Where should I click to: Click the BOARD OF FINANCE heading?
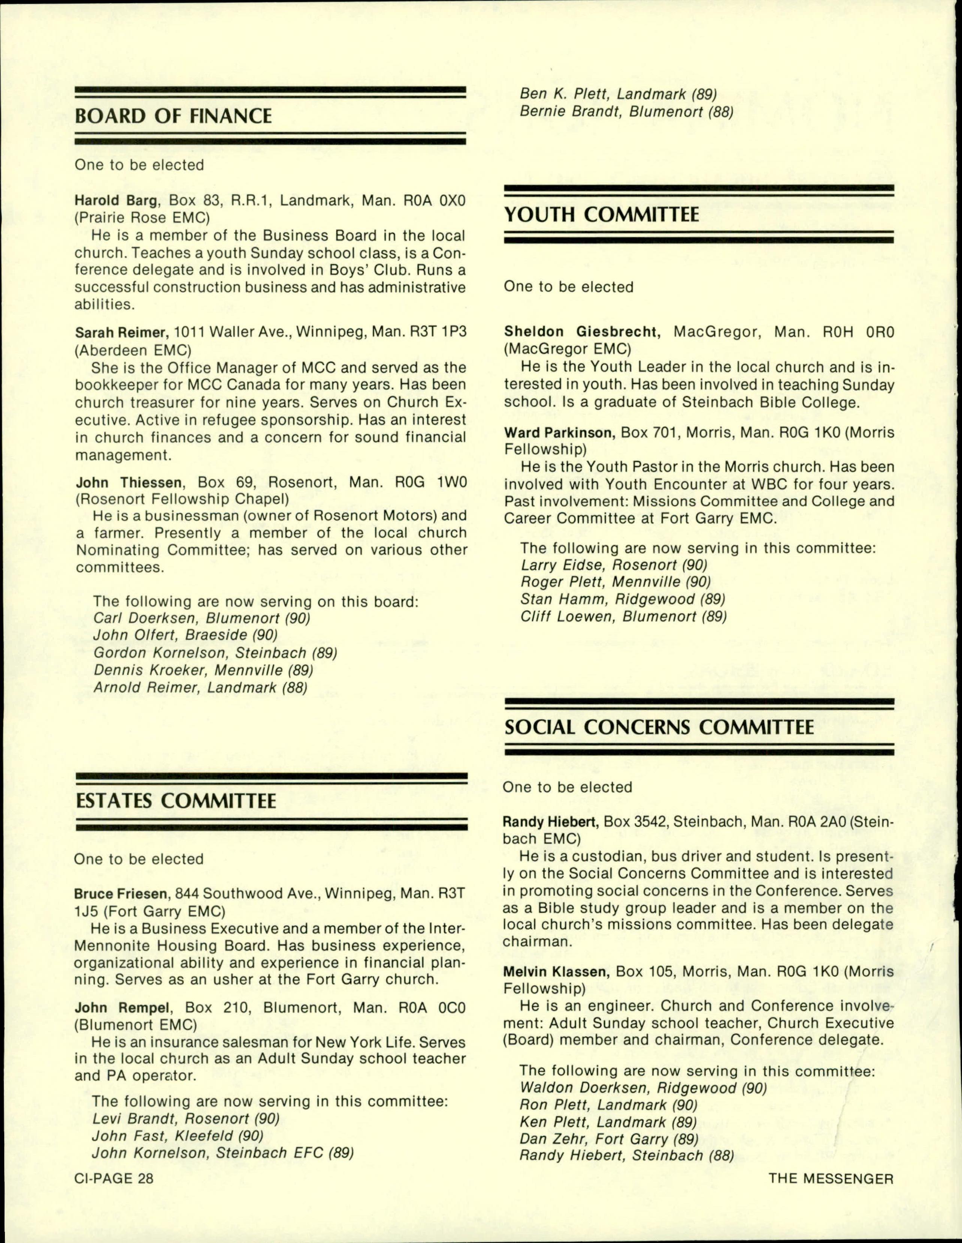[x=173, y=116]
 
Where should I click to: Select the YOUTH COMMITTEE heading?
[x=602, y=215]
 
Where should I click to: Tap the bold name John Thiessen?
[x=128, y=483]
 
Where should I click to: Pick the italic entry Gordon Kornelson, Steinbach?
[x=215, y=653]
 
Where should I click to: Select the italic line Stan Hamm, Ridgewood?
[x=623, y=599]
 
